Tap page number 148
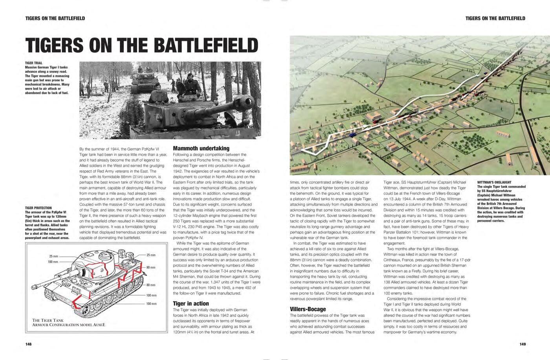pos(28,344)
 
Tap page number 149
pos(522,344)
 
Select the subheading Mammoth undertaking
pos(201,149)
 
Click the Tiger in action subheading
pos(191,303)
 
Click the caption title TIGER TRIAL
pos(34,63)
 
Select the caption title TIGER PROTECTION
pos(38,208)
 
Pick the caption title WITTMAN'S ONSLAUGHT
pos(494,182)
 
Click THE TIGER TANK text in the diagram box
pos(48,320)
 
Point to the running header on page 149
pos(495,18)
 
